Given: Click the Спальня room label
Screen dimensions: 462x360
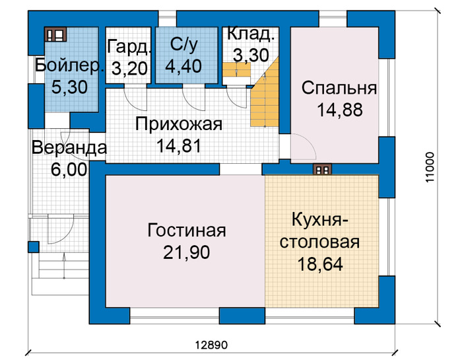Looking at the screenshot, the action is pyautogui.click(x=339, y=89).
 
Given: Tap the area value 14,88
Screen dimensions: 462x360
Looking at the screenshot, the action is pyautogui.click(x=339, y=110).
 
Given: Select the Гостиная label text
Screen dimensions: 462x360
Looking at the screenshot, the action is pyautogui.click(x=187, y=231).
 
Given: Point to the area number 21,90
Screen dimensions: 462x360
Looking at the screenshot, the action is pyautogui.click(x=187, y=252).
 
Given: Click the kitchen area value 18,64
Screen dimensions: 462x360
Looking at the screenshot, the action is pyautogui.click(x=320, y=264).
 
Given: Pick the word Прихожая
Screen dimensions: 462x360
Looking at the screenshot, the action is pyautogui.click(x=179, y=124).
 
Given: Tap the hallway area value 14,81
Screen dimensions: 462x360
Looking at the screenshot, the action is pyautogui.click(x=179, y=145).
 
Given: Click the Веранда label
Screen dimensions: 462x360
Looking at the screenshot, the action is pyautogui.click(x=69, y=148).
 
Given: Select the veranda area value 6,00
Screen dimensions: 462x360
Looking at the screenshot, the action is pyautogui.click(x=69, y=170).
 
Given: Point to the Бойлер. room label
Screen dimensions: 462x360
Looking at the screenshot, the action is pyautogui.click(x=69, y=66).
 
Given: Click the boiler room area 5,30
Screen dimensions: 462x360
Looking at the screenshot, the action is pyautogui.click(x=69, y=87).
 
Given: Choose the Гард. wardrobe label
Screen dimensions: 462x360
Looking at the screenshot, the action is pyautogui.click(x=129, y=47).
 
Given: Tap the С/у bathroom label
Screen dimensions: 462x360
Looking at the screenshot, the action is pyautogui.click(x=184, y=45).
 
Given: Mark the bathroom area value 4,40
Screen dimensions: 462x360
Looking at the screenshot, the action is pyautogui.click(x=183, y=66).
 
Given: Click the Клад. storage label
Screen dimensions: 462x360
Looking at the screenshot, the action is pyautogui.click(x=251, y=33).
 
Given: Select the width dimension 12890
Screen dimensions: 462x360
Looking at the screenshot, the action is pyautogui.click(x=212, y=345).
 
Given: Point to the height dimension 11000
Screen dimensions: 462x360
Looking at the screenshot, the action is pyautogui.click(x=430, y=167).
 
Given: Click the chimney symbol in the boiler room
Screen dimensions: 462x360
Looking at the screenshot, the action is pyautogui.click(x=55, y=34).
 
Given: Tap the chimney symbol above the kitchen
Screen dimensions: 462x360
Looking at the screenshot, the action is pyautogui.click(x=322, y=170).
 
